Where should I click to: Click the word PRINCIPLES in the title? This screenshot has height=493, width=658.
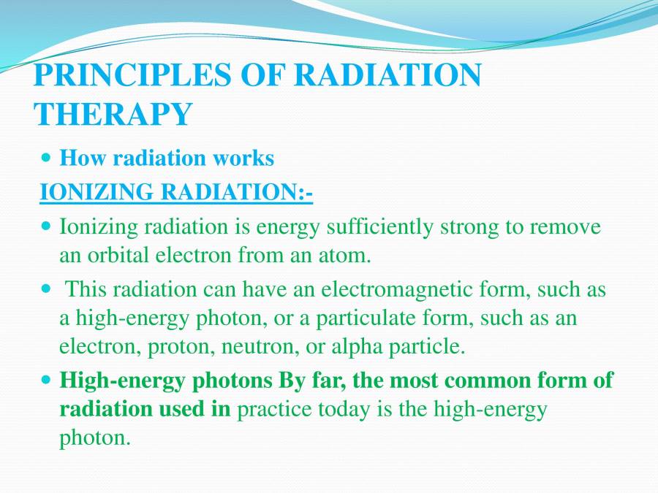(x=132, y=74)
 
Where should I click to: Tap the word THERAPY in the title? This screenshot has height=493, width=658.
(x=113, y=114)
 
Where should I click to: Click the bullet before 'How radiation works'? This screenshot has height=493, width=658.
(x=47, y=158)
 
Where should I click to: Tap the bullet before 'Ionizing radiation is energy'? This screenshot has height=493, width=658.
(x=47, y=226)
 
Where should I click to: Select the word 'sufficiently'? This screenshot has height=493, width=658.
(x=379, y=228)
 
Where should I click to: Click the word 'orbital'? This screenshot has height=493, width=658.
(x=118, y=255)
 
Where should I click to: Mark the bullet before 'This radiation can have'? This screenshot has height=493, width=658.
(x=47, y=288)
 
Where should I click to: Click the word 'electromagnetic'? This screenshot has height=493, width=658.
(x=399, y=290)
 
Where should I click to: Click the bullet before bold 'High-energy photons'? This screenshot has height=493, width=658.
(x=47, y=381)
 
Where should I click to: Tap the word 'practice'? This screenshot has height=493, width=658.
(x=274, y=410)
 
